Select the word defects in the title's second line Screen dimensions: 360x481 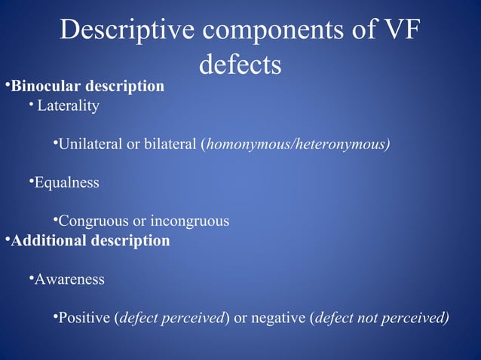click(240, 65)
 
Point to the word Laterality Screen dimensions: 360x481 click(68, 106)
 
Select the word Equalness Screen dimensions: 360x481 click(66, 183)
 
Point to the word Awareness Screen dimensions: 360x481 click(69, 279)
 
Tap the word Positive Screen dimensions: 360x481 click(84, 318)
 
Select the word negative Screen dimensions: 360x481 click(278, 318)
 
